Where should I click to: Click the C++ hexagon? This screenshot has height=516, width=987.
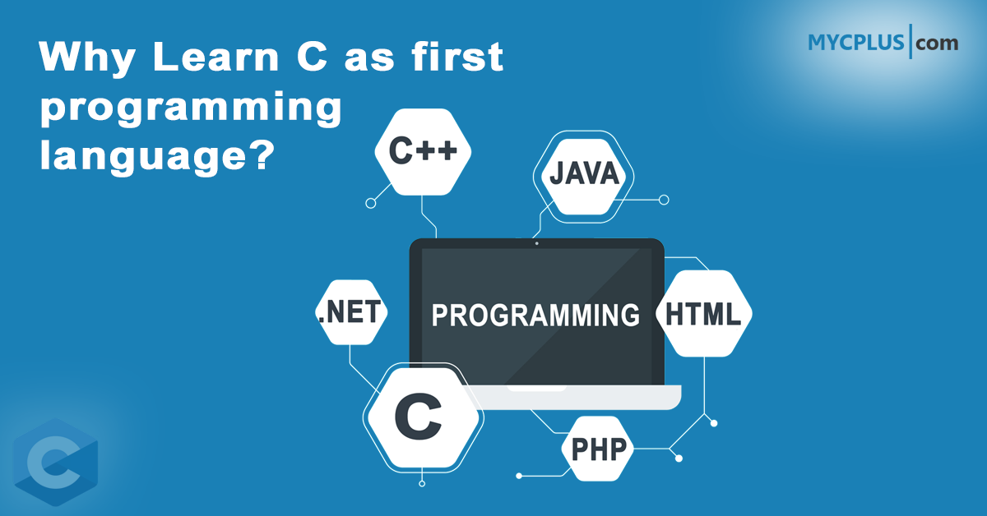423,152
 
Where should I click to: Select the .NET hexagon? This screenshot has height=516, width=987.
350,312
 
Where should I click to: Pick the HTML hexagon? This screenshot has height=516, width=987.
703,313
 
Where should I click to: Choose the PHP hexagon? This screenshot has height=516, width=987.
598,449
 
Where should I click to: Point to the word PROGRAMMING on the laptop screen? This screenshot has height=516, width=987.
535,315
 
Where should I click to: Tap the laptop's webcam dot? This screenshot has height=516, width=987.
536,243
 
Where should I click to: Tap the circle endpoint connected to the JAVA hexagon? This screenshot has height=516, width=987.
665,200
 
